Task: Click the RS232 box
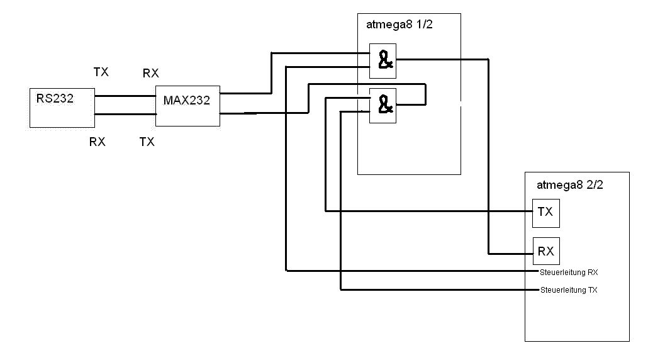tap(62, 108)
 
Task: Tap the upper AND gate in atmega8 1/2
tap(383, 60)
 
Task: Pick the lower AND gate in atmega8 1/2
tap(383, 105)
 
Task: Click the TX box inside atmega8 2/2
tap(545, 213)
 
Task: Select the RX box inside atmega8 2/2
tap(545, 251)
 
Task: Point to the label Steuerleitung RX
tap(569, 273)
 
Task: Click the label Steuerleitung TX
tap(569, 290)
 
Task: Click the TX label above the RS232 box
tap(101, 72)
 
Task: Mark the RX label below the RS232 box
tap(97, 142)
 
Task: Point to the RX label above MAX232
tap(150, 74)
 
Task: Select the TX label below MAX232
tap(147, 142)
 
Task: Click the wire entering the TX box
tap(440, 211)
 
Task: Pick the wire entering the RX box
tap(510, 253)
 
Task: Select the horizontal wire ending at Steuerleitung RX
tap(409, 271)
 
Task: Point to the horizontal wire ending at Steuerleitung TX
tap(440, 290)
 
